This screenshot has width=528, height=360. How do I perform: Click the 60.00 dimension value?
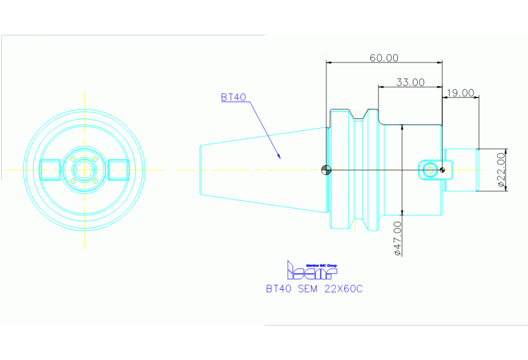(383, 58)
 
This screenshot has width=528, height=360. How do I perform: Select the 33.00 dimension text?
(410, 82)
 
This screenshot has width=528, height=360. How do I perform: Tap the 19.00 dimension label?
(460, 92)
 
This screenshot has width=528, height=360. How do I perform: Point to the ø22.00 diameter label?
(501, 169)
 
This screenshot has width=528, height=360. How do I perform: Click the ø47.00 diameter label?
(397, 239)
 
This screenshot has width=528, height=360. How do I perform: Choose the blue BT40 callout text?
(233, 97)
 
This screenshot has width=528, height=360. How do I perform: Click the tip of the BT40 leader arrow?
(279, 158)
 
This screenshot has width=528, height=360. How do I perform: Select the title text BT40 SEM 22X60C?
(314, 289)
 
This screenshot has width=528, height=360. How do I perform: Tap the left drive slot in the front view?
(50, 169)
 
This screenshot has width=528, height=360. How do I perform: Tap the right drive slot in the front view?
(118, 169)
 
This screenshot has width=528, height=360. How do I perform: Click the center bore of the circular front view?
(84, 169)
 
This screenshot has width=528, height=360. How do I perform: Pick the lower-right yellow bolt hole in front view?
(94, 180)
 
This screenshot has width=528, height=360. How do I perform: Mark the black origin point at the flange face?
(326, 170)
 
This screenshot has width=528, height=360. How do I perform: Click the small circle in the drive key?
(430, 169)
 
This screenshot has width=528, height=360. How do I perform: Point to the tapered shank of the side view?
(262, 169)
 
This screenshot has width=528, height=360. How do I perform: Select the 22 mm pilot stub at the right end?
(461, 169)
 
